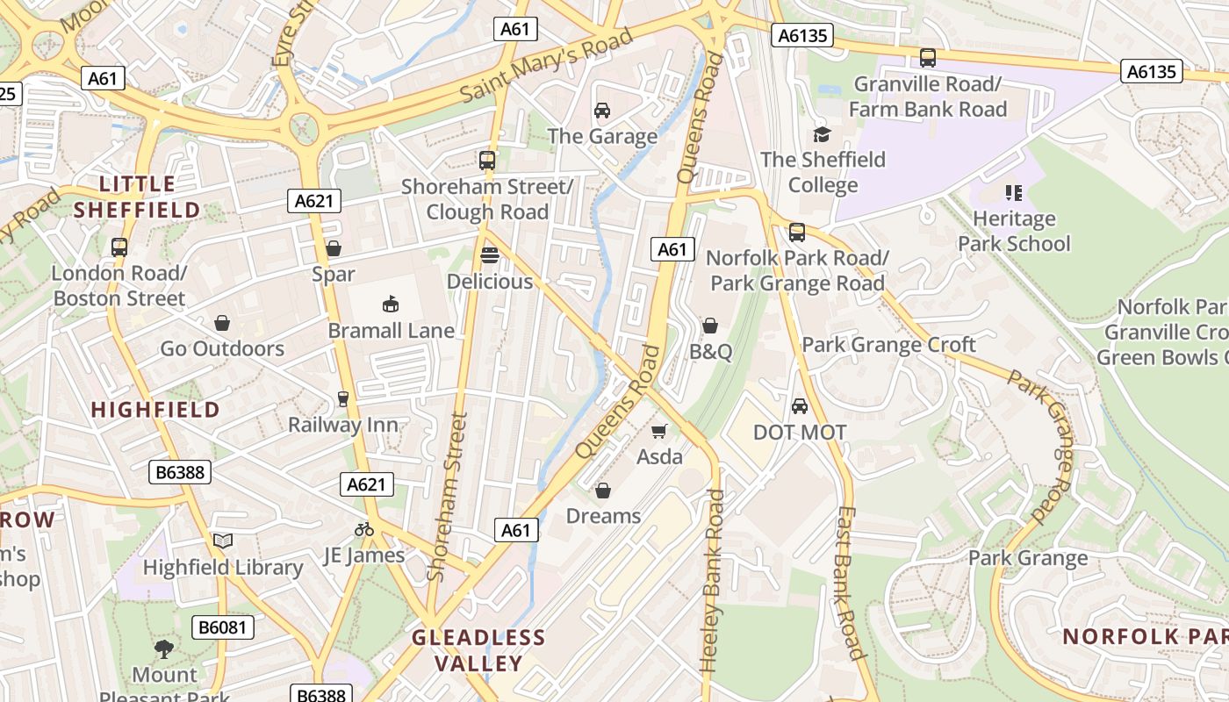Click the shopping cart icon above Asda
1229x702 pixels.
(x=659, y=431)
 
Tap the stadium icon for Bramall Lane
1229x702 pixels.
(x=391, y=304)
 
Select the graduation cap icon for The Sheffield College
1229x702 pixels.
(x=822, y=134)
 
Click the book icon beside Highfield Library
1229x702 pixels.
(x=223, y=541)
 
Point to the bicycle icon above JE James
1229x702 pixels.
(x=364, y=529)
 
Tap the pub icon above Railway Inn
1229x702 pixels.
(x=343, y=399)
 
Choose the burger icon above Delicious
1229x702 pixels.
(x=490, y=255)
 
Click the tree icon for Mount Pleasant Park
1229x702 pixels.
(x=164, y=649)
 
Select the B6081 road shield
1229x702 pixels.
(x=223, y=627)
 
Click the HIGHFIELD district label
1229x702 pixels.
(x=155, y=410)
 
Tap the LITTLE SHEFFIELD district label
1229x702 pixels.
(x=137, y=197)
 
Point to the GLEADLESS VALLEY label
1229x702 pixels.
(x=479, y=650)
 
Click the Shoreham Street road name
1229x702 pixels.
(x=446, y=497)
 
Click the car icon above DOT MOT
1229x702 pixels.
(x=799, y=406)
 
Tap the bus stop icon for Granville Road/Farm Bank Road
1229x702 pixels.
(x=928, y=58)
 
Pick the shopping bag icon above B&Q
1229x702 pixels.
(x=710, y=326)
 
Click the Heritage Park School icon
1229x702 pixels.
(x=1014, y=192)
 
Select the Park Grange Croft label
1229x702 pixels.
(x=888, y=345)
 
